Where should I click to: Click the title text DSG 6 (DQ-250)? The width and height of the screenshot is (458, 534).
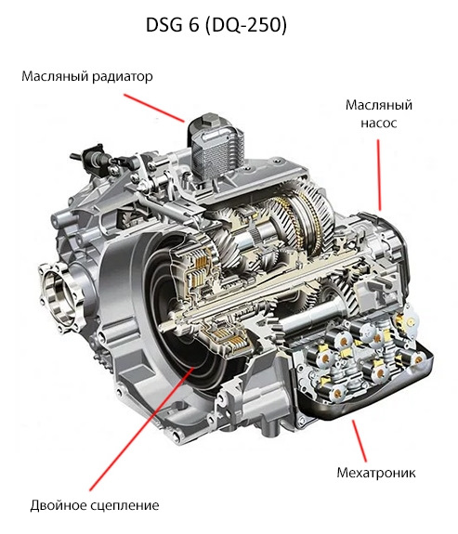pos(216,25)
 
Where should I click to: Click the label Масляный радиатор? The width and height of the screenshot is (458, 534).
pos(87,76)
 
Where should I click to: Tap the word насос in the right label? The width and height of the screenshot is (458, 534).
pos(379,123)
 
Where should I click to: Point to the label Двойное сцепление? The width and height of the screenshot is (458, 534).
pos(95,505)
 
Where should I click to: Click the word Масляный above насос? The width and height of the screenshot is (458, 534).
pos(379,105)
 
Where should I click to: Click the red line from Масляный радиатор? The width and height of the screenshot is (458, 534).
pos(154,108)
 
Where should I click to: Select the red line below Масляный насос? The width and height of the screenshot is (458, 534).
pos(379,175)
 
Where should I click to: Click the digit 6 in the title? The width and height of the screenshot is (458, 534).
pos(193,25)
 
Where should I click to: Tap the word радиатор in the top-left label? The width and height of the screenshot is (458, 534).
pos(123,77)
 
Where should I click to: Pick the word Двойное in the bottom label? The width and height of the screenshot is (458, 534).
pos(59,504)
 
